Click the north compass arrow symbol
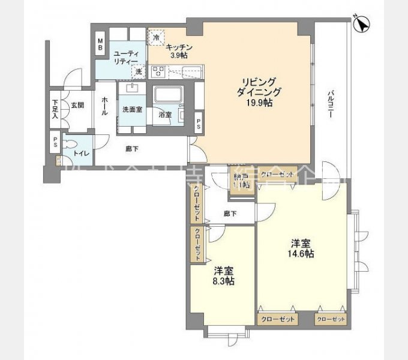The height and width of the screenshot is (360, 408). click(x=363, y=24)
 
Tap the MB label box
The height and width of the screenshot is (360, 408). click(x=101, y=45)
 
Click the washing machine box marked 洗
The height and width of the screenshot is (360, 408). click(x=139, y=71)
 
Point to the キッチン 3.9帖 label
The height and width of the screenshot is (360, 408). click(x=179, y=51)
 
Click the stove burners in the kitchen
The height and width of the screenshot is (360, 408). click(x=158, y=73)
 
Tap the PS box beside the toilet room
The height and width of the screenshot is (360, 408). click(x=55, y=143)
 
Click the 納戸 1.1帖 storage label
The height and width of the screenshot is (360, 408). click(x=239, y=181)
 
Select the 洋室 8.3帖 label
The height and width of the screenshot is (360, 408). click(x=223, y=275)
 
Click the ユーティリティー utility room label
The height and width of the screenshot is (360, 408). click(x=127, y=57)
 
